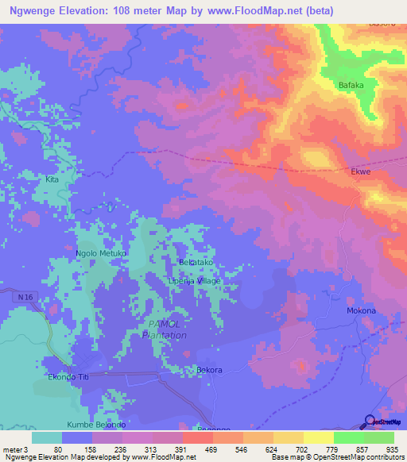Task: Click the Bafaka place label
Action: (x=351, y=84)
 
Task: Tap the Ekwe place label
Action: (x=361, y=171)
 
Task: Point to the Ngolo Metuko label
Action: (x=101, y=253)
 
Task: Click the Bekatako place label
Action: (x=196, y=262)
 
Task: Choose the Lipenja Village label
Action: (x=194, y=281)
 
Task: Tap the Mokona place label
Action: (x=361, y=310)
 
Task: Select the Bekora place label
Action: (x=209, y=370)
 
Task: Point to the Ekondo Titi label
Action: (x=69, y=377)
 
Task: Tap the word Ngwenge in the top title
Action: (x=36, y=11)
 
